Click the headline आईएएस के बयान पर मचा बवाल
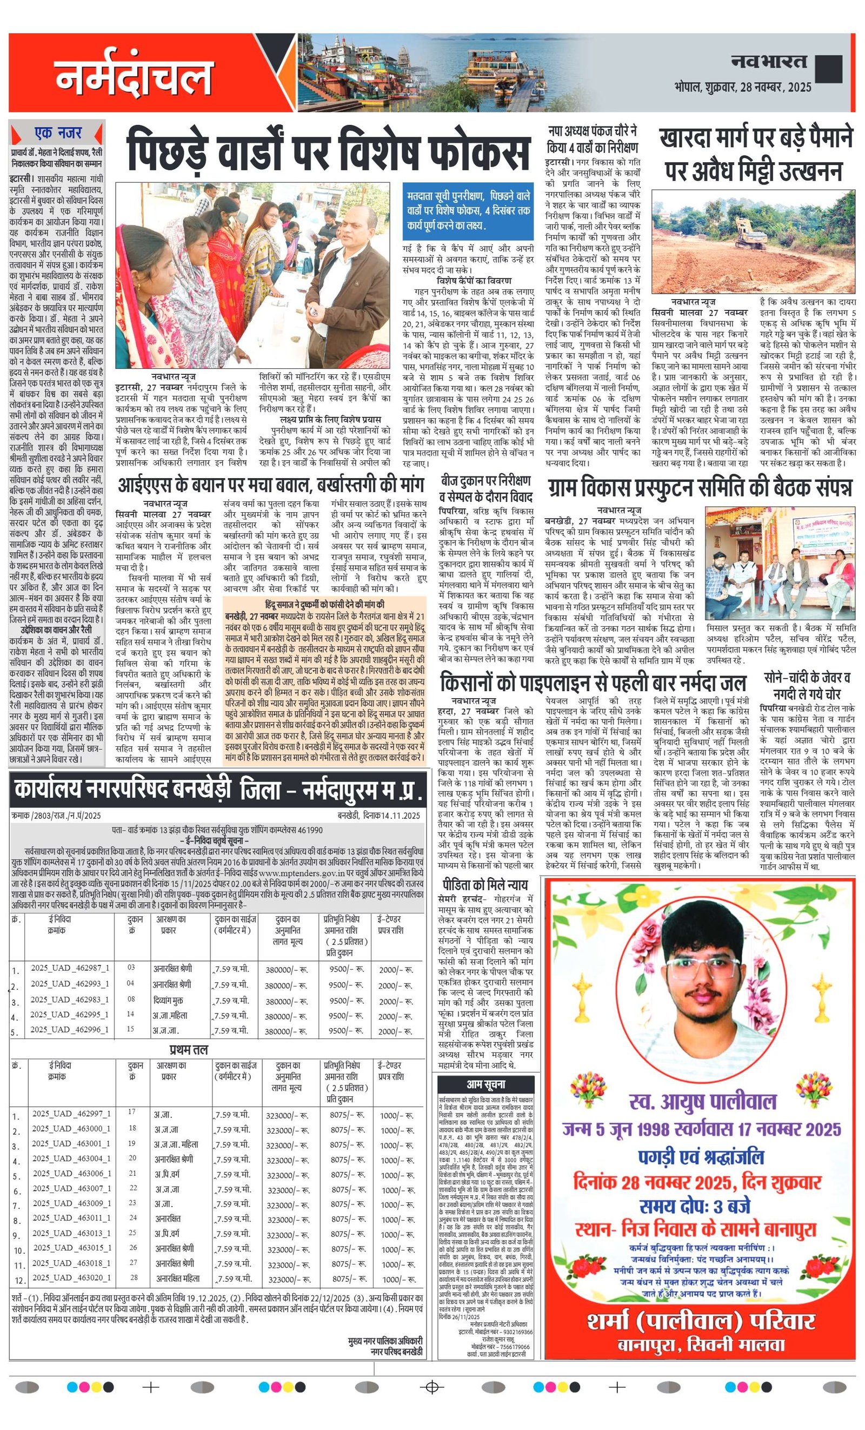point(271,484)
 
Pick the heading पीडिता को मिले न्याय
point(485,884)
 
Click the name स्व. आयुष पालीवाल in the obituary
point(701,1101)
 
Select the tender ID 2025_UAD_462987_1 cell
point(70,968)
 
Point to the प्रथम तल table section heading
point(189,1050)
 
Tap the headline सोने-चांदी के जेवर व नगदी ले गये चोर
point(807,685)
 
